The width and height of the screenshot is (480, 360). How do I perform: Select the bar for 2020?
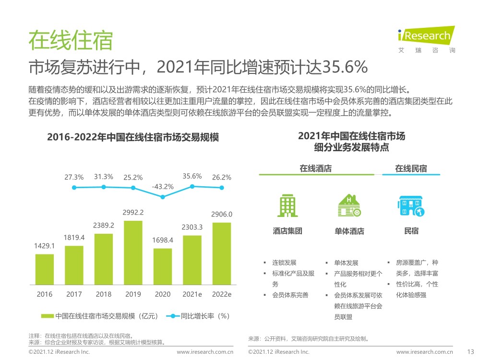coord(163,266)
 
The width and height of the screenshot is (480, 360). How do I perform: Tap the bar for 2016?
coord(45,269)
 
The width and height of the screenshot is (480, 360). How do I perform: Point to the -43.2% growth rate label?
coord(162,186)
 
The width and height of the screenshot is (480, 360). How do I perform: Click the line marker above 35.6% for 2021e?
coord(192,186)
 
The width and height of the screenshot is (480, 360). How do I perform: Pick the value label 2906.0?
coord(222,214)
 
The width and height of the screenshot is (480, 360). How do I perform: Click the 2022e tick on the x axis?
coord(222,294)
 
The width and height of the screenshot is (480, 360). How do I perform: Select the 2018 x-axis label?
coord(104,294)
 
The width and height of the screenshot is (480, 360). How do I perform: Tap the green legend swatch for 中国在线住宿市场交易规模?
coord(47,316)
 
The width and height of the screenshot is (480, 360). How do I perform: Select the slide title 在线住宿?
coord(70,40)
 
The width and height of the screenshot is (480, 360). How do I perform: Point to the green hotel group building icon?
coord(288,205)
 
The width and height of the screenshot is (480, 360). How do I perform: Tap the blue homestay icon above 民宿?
coord(411,205)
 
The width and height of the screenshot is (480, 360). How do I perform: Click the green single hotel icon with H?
coord(349,205)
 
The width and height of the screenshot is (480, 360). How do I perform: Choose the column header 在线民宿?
coord(411,168)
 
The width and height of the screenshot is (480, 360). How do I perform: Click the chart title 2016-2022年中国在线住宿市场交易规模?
coord(132,138)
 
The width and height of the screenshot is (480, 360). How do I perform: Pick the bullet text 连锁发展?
coord(284,263)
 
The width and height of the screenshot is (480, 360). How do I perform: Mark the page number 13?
coord(470,352)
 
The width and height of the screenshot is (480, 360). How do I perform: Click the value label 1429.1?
coord(45,246)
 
